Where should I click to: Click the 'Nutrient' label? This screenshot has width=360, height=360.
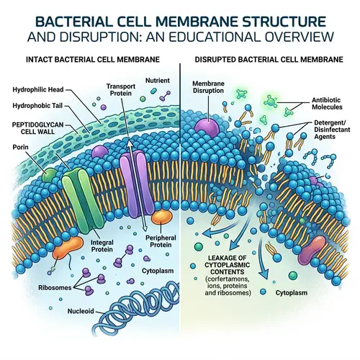tap(158, 83)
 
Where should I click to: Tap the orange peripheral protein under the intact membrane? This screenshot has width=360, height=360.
tap(161, 217)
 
